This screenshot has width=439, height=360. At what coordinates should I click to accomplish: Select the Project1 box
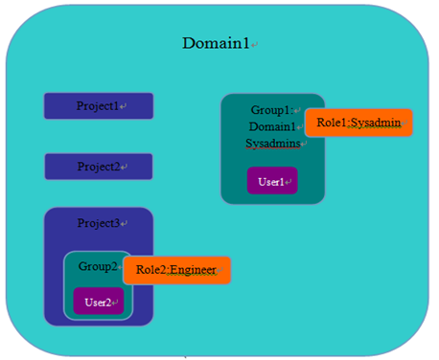[98, 105]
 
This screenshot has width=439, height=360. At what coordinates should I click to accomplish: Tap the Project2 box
[98, 167]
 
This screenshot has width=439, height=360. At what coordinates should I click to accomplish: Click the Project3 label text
[98, 223]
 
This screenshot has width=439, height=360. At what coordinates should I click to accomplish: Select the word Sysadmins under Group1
[272, 144]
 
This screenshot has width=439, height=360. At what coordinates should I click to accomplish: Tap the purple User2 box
[99, 302]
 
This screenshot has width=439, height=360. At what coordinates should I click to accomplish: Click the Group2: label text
[97, 267]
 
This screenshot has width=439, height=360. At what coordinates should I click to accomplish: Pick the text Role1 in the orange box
[326, 124]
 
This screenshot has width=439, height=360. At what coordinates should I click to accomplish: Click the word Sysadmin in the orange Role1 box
[375, 124]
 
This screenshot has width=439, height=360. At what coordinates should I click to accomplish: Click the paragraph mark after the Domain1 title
[254, 45]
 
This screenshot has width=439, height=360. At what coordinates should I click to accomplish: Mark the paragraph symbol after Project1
[125, 106]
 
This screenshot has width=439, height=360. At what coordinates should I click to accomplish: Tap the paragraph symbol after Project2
[125, 168]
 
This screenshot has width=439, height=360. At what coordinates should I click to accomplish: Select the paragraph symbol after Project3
[125, 224]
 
